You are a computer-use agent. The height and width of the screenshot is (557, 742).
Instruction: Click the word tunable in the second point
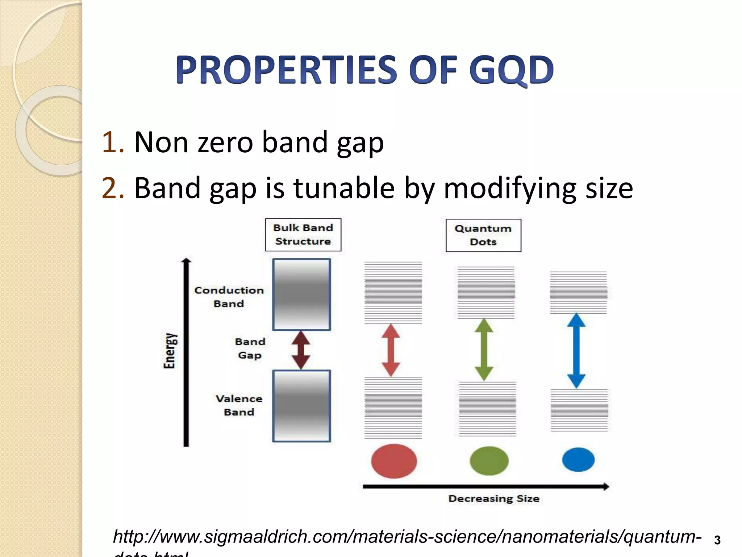[x=343, y=188]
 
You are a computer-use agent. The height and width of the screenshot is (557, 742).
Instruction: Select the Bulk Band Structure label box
[x=303, y=235]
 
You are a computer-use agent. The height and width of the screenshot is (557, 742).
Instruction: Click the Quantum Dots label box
[x=483, y=235]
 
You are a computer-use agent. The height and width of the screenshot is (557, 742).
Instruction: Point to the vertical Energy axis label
[x=169, y=350]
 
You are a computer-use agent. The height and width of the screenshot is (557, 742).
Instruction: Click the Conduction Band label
[x=229, y=297]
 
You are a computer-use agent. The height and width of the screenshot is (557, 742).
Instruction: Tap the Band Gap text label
[x=250, y=348]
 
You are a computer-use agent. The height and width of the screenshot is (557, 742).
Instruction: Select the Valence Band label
[x=239, y=405]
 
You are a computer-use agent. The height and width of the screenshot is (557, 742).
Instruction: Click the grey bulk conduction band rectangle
[x=301, y=294]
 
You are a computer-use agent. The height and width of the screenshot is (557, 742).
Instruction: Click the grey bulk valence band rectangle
[x=301, y=406]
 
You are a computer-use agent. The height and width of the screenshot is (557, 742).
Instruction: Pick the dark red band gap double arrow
[x=301, y=350]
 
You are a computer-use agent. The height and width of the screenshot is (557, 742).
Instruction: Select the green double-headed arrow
[x=484, y=350]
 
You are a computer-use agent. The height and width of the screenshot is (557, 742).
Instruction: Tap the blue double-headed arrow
[x=576, y=350]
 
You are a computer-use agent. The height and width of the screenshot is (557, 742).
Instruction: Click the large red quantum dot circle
[x=394, y=461]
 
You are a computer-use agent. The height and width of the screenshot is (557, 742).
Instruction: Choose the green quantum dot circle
[x=489, y=461]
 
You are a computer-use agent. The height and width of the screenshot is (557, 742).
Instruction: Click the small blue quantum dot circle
[x=578, y=459]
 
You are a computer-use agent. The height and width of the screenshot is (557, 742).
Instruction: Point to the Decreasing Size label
[x=493, y=499]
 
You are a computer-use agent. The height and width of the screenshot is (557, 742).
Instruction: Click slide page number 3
[x=717, y=540]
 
